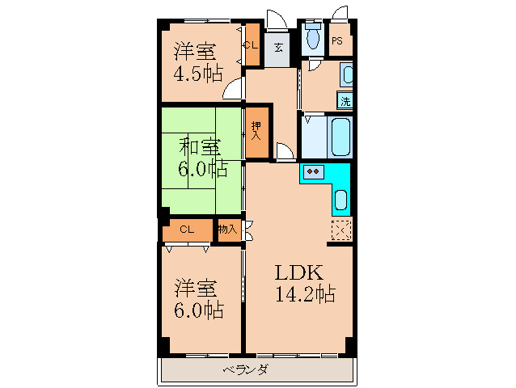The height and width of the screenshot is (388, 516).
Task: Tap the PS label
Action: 337,40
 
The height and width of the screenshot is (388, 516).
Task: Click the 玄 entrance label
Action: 278,48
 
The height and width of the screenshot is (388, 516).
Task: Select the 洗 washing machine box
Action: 345,100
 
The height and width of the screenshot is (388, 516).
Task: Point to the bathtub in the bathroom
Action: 340,137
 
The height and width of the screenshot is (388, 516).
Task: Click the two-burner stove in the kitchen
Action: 313,171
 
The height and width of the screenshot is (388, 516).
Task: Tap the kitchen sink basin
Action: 341,200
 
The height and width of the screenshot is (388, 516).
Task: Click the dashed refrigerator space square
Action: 341,230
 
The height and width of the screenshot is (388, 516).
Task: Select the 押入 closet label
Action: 256,131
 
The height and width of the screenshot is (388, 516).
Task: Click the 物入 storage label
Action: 228,229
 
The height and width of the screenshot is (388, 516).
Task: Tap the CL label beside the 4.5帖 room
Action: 251,45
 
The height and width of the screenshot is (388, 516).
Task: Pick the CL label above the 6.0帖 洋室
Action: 187,230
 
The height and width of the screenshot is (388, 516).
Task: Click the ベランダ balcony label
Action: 246,369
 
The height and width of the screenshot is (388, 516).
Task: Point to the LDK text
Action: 298,272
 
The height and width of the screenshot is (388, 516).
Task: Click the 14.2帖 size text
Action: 305,293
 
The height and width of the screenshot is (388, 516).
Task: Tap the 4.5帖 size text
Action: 198,74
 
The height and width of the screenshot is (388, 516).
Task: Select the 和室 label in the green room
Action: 200,146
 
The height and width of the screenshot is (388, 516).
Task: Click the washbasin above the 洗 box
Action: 346,75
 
